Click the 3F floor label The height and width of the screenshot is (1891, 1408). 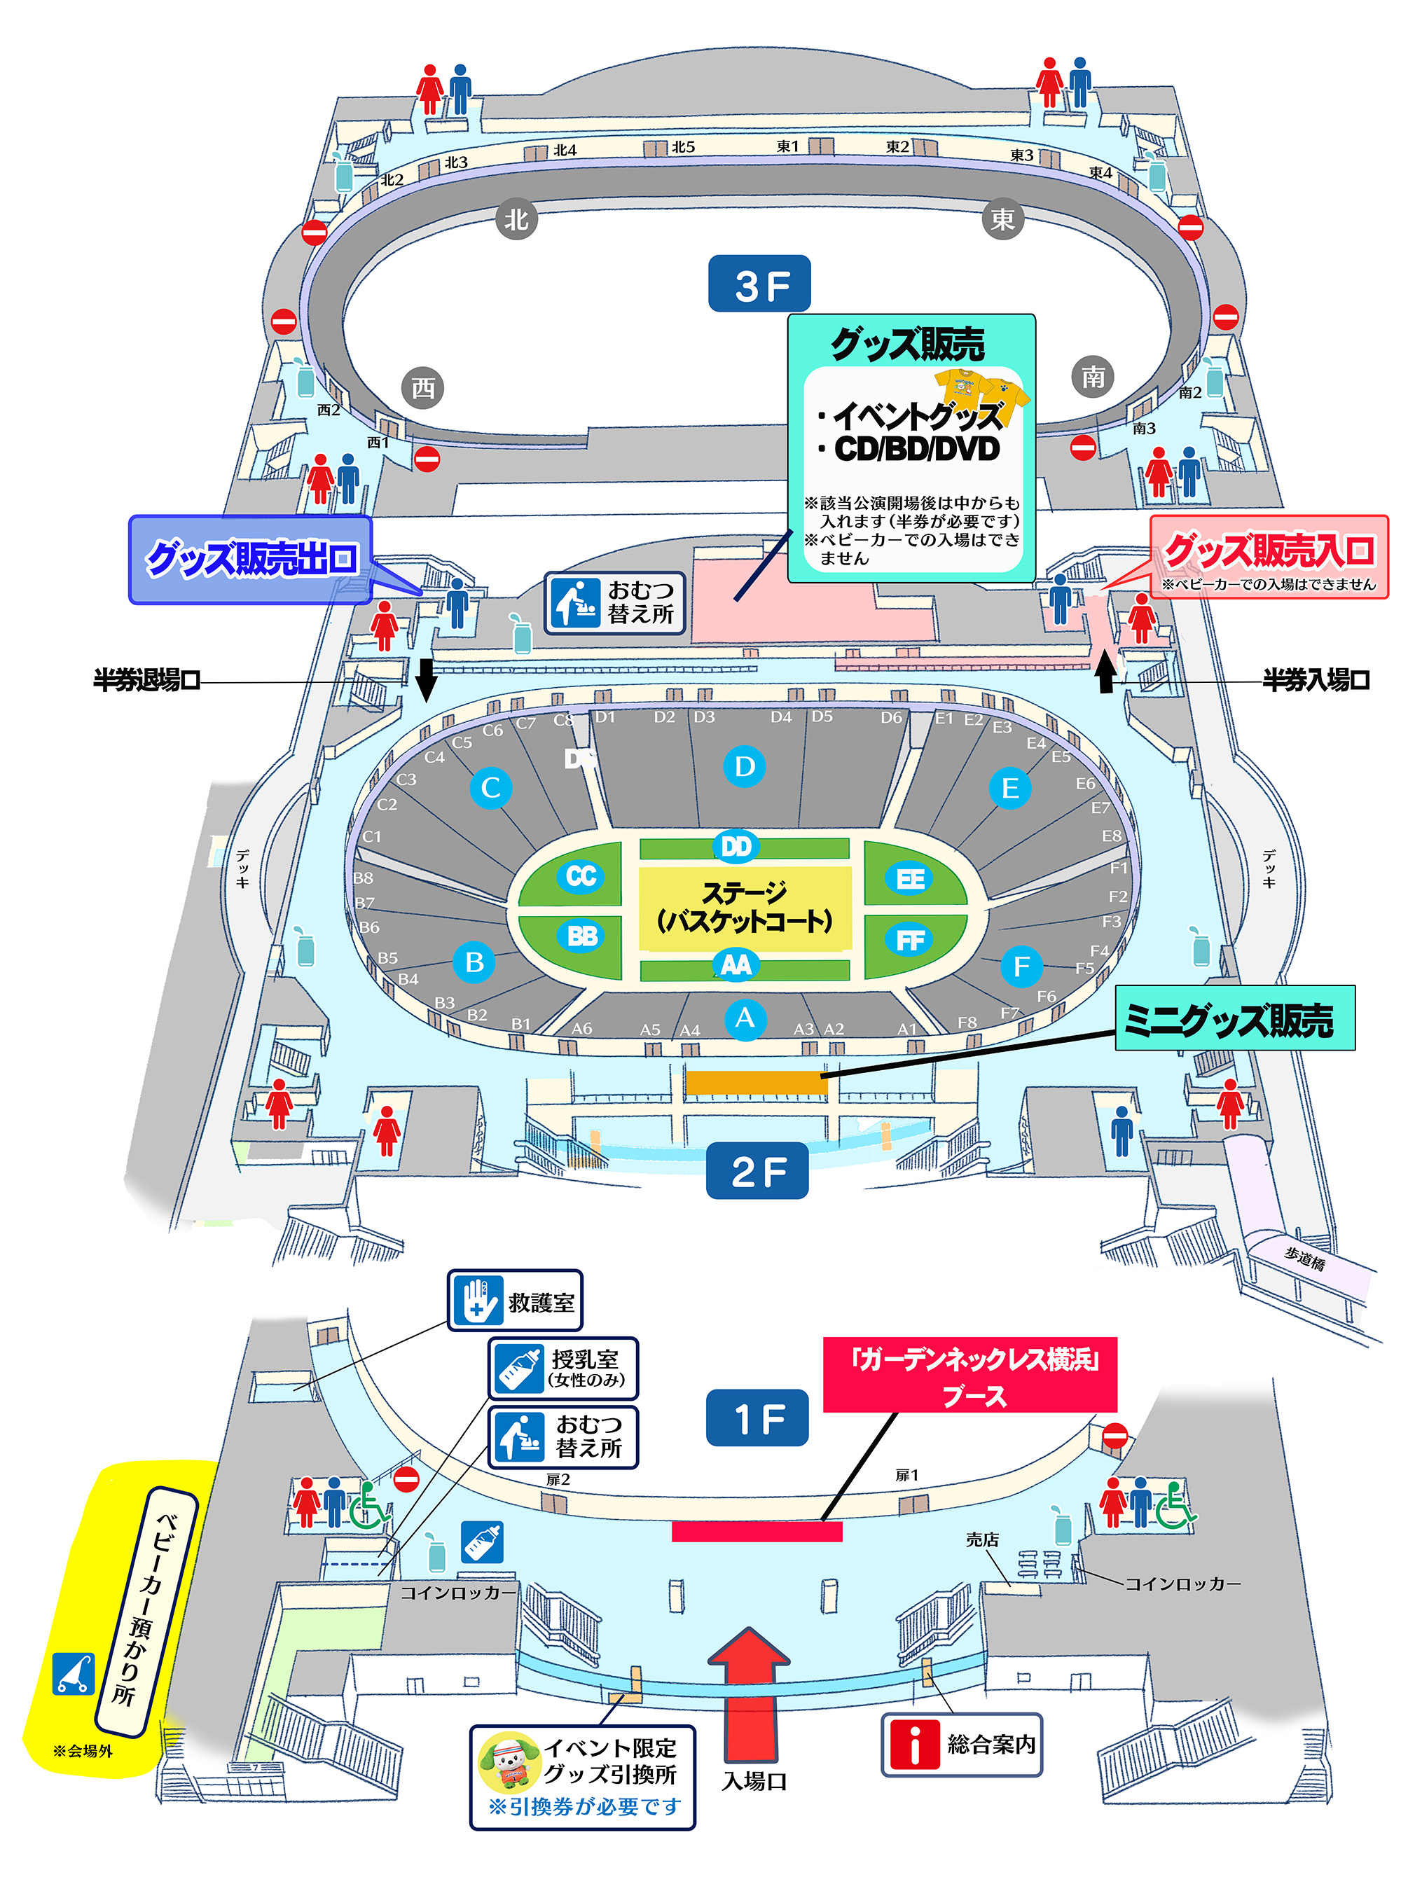coord(759,284)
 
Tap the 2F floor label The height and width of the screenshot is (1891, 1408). coord(757,1171)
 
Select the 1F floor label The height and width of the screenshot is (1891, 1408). coord(757,1418)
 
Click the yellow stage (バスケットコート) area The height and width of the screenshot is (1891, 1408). coord(744,907)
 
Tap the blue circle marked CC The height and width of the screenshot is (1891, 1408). coord(581,875)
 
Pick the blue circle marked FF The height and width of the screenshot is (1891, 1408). coord(910,940)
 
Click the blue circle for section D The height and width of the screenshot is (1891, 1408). coord(744,766)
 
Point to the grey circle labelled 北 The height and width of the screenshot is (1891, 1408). coord(516,220)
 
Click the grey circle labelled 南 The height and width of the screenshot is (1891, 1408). coord(1093,376)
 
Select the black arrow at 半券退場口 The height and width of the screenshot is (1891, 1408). coord(426,679)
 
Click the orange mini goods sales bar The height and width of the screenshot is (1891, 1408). coord(756,1081)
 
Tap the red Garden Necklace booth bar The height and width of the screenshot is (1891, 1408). coord(756,1532)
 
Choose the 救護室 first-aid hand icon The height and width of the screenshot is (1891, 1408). coord(477,1301)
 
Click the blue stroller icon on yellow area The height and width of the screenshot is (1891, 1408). coord(74,1674)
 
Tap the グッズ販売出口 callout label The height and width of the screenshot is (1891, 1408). coord(251,559)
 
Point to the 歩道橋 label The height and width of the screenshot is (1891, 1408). coord(1305,1259)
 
